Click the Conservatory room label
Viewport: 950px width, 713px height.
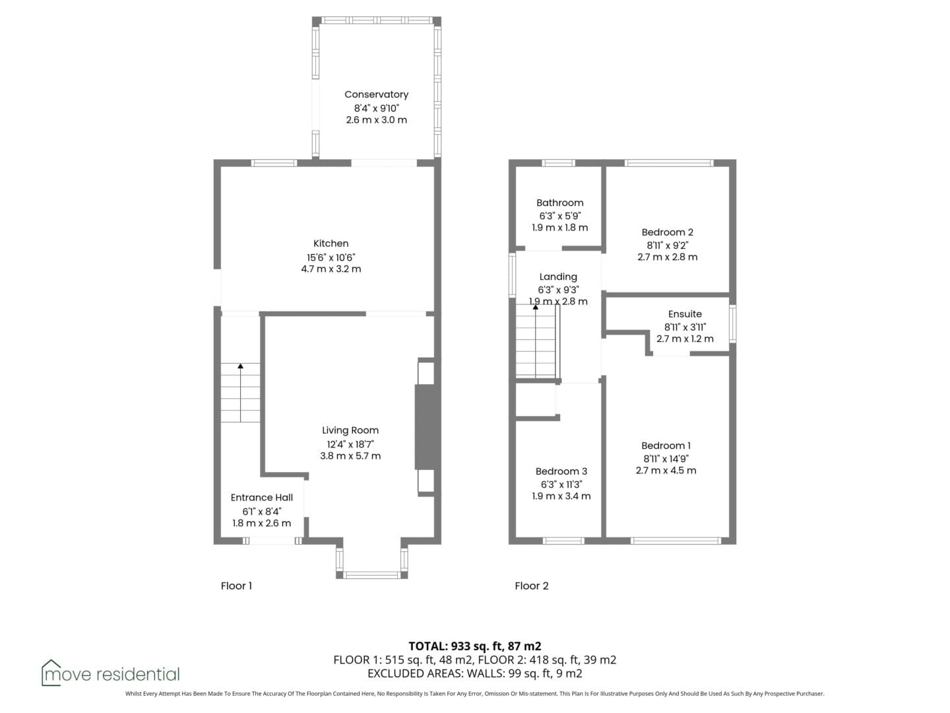pos(376,94)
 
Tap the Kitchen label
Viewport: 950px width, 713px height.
pos(331,244)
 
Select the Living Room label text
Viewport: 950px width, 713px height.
pos(350,430)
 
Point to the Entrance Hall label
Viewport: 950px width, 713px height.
pos(261,497)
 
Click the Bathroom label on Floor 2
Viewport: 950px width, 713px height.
pos(559,203)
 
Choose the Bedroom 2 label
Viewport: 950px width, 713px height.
pos(668,232)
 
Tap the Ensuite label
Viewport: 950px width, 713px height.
pos(685,314)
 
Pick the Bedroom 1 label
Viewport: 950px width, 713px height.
pos(666,446)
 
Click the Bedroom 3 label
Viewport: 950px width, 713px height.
pos(561,471)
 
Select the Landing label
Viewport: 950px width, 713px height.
pos(558,277)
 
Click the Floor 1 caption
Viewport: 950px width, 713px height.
pos(236,586)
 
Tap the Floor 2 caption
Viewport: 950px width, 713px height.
pos(532,586)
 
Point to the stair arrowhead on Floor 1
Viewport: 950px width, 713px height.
pos(240,366)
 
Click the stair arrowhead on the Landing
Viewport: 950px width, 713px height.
pos(536,307)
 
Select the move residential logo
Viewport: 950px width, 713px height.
pos(110,672)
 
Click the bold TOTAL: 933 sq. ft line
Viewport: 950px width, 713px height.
pos(475,646)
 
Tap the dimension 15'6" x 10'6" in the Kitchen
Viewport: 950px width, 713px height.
pos(331,257)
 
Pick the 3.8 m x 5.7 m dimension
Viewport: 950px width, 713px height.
pos(350,456)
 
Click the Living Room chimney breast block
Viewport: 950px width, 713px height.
pos(427,427)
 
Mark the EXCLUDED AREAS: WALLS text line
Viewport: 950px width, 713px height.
pos(475,673)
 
